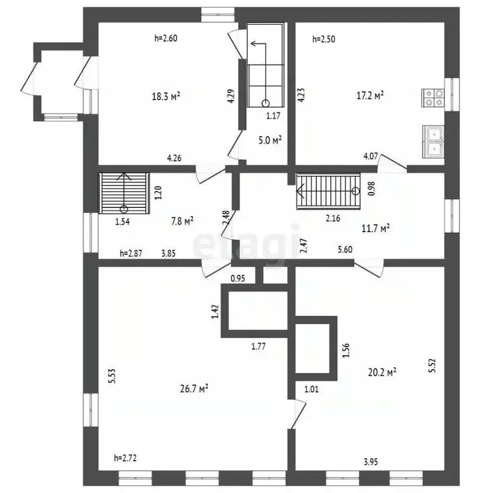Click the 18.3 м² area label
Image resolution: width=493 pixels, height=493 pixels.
coord(166,96)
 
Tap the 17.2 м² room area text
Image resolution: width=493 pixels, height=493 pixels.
coord(370,95)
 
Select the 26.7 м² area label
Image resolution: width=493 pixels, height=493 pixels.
coord(194,388)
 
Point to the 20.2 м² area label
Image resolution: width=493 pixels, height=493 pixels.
coord(382,372)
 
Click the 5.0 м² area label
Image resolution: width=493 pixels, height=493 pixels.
coord(270,140)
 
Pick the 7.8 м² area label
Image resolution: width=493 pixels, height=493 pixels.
coord(182,221)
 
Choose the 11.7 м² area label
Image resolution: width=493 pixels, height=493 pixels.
coord(376,228)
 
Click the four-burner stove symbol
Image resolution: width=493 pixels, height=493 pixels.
coord(433,98)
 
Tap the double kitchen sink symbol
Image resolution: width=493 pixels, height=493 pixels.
coord(433,142)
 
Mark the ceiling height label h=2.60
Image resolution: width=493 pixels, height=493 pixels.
coord(166,39)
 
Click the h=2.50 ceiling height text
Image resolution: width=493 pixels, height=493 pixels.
coord(324,39)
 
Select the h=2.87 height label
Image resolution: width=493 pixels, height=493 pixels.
coord(131,253)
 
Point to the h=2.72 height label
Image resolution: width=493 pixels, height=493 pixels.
coord(125,458)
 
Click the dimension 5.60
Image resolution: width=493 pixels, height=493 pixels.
coord(345,250)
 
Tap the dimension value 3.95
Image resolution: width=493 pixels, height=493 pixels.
coord(370,462)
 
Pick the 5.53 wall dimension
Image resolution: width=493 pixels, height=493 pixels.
coord(112,376)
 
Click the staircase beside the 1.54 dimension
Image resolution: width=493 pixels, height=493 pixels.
coord(124,193)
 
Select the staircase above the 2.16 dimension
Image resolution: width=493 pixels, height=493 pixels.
coord(328,191)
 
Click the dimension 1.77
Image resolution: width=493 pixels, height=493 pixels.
coord(259,346)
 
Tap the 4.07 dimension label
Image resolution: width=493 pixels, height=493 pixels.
coord(370,156)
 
